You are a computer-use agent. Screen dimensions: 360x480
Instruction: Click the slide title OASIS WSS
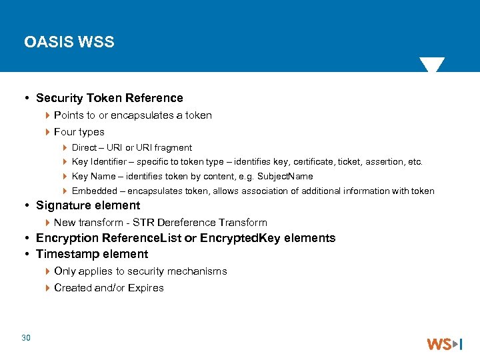(69, 42)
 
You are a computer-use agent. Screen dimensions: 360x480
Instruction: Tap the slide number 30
(26, 338)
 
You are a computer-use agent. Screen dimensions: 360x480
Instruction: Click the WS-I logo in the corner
(444, 344)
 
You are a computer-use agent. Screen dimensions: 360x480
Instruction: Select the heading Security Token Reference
(109, 98)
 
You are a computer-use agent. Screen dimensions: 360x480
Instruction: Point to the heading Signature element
(88, 205)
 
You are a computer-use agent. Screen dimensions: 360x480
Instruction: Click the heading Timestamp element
(92, 254)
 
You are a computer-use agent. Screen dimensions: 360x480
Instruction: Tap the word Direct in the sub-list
(84, 148)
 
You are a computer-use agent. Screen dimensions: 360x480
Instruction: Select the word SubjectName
(286, 177)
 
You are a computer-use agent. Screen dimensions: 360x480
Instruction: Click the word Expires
(147, 288)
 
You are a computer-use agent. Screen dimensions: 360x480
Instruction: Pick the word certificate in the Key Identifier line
(313, 162)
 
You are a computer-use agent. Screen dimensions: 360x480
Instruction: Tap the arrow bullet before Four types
(47, 132)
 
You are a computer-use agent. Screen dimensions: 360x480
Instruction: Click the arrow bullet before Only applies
(47, 271)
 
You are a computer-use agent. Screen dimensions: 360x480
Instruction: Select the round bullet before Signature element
(27, 206)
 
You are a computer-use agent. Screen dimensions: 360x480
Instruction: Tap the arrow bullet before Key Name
(65, 177)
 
